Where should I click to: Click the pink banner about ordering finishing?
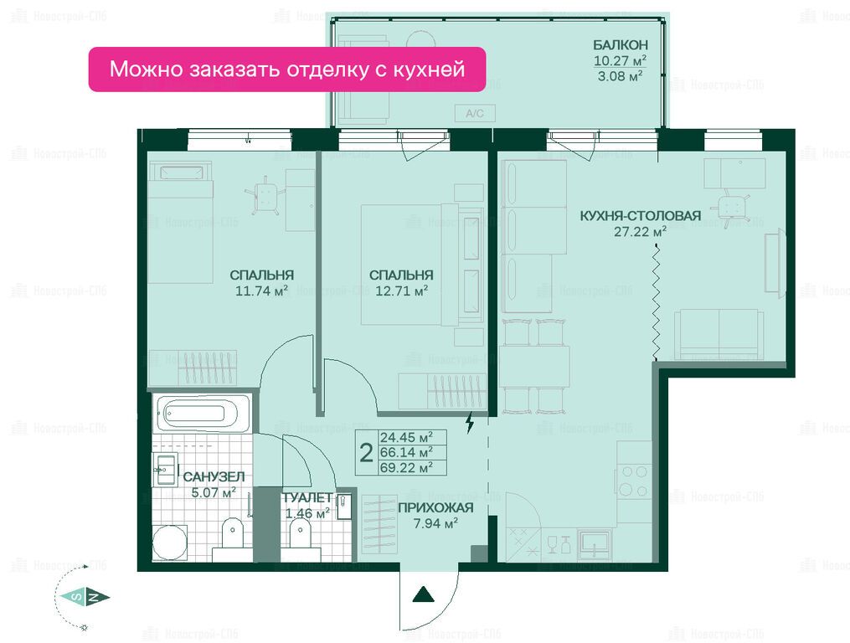click(286, 69)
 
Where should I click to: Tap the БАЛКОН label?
click(620, 45)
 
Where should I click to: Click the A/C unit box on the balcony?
click(474, 113)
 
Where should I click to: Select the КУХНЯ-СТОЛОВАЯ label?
click(640, 215)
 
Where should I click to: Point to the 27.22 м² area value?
click(640, 232)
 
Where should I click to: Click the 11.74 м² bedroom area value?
click(261, 291)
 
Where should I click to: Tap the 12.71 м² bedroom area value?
click(402, 291)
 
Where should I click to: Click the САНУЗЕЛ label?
click(214, 477)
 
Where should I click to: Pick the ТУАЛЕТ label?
click(307, 497)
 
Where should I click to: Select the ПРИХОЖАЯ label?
click(435, 508)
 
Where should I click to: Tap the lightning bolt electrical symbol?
click(470, 422)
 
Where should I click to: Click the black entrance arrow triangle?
click(424, 594)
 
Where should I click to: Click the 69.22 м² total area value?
click(406, 467)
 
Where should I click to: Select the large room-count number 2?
click(367, 453)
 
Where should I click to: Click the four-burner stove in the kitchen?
click(634, 481)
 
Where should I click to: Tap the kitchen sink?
click(595, 544)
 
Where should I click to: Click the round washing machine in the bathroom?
click(170, 542)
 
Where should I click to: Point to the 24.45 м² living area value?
click(406, 437)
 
